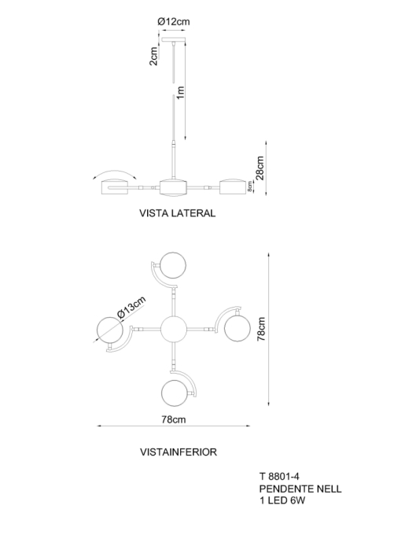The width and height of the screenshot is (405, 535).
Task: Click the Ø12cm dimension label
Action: click(x=174, y=22)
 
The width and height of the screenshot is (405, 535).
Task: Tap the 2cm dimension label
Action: click(x=153, y=57)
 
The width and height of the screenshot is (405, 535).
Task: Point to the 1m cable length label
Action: click(x=180, y=92)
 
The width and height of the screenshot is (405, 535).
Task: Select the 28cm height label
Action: click(x=260, y=168)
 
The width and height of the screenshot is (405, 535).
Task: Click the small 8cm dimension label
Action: click(x=249, y=186)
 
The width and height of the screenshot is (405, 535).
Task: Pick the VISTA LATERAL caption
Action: click(x=177, y=213)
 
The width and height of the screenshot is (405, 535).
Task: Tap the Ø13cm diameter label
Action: click(x=131, y=308)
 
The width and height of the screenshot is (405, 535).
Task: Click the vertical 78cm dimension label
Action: click(x=261, y=329)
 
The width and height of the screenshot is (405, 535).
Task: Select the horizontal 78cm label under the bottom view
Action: click(x=174, y=419)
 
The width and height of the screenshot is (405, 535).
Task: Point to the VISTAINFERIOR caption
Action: click(x=179, y=452)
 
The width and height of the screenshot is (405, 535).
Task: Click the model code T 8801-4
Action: click(x=279, y=476)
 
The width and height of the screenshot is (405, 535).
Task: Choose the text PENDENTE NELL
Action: click(x=300, y=489)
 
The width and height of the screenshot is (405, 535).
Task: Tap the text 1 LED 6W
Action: click(x=282, y=500)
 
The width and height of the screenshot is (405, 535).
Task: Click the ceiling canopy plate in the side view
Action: click(x=174, y=40)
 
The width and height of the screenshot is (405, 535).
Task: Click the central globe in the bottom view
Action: click(x=174, y=329)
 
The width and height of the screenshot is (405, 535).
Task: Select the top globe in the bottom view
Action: click(x=174, y=266)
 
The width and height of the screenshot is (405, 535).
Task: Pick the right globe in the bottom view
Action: click(x=237, y=328)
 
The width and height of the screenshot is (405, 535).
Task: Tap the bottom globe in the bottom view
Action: click(x=175, y=393)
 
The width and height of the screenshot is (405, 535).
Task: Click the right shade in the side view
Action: click(x=233, y=187)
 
